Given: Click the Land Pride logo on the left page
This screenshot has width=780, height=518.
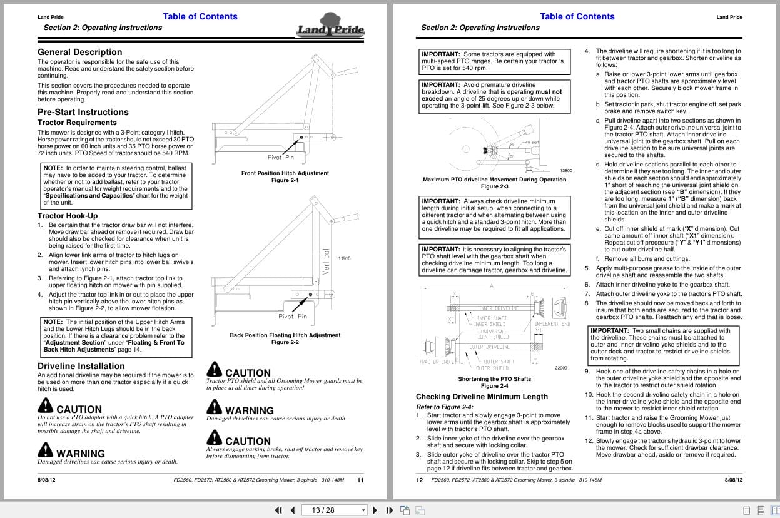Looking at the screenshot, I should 330,28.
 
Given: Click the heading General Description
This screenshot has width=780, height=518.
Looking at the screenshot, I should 80,52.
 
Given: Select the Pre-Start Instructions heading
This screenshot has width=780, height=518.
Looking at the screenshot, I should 83,112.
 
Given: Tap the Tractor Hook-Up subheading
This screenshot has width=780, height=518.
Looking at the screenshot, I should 68,216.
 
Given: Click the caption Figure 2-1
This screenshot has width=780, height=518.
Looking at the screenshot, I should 285,180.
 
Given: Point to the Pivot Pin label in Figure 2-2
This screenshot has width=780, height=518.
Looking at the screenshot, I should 293,317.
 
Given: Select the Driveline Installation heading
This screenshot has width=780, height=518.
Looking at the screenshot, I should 81,366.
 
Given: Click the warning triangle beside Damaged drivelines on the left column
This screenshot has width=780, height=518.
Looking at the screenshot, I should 45,450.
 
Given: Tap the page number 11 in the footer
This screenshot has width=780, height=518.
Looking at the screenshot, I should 360,480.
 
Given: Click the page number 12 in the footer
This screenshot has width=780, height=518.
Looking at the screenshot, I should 420,480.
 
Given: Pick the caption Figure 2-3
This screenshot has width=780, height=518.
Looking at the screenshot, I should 494,186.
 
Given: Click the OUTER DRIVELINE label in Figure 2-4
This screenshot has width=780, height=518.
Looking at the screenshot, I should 490,347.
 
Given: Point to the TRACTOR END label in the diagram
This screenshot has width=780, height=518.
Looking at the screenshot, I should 435,362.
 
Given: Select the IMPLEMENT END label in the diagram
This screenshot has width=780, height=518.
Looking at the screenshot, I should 552,324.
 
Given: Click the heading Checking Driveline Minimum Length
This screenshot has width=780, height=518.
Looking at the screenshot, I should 482,397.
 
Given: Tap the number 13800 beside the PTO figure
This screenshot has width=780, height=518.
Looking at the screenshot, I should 565,170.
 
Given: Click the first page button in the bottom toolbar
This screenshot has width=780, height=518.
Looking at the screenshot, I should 279,510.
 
